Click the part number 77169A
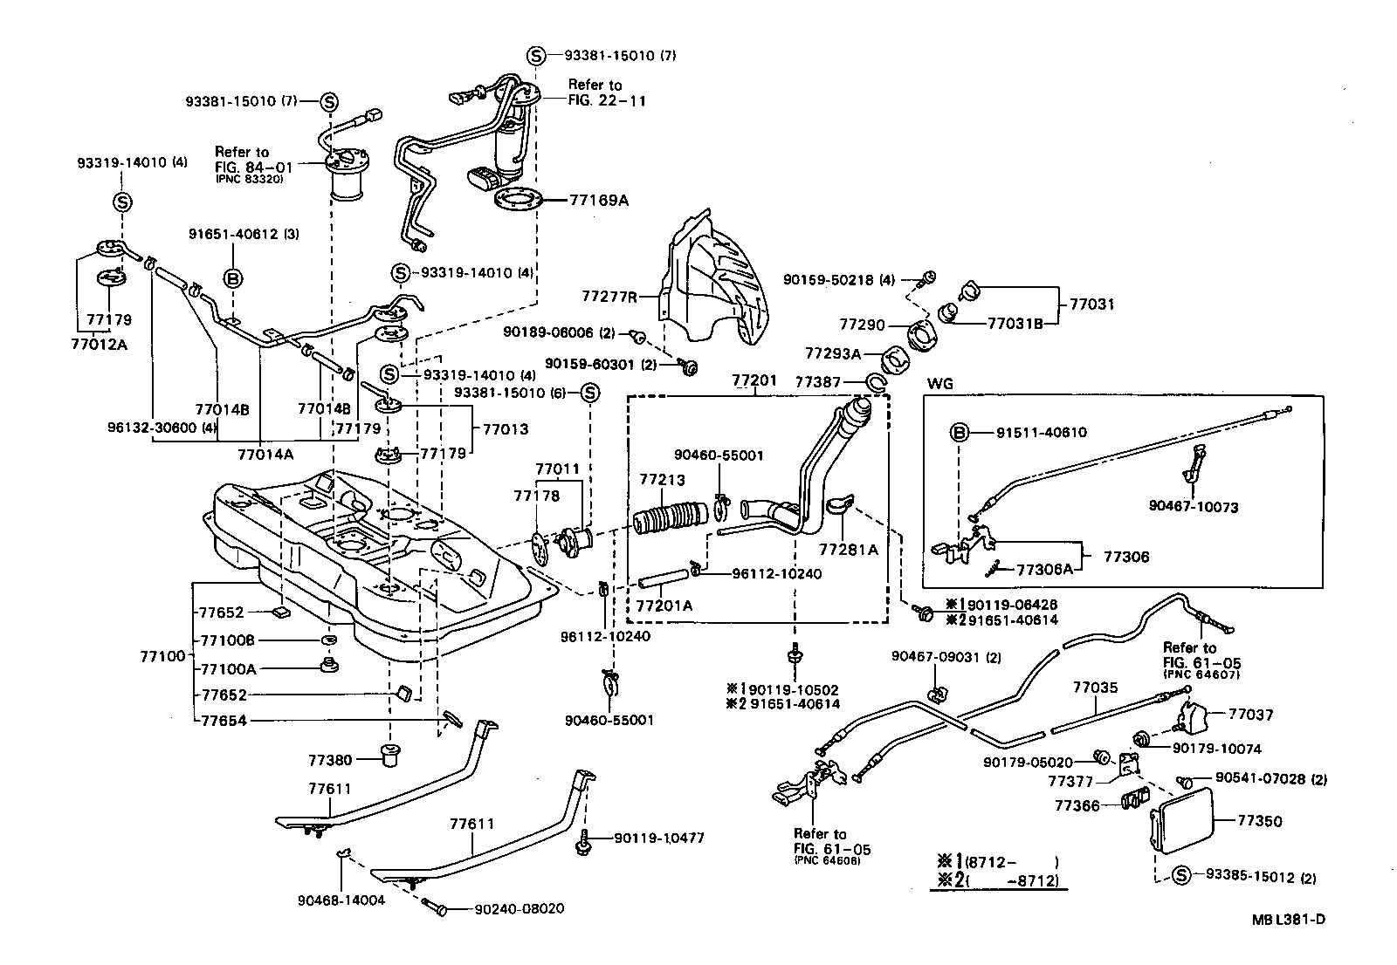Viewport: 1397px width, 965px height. click(x=599, y=200)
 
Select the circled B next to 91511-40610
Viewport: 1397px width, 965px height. click(x=959, y=432)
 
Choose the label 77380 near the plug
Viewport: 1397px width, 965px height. click(x=329, y=760)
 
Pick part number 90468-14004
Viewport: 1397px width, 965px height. click(x=341, y=900)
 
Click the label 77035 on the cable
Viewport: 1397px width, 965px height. click(x=1095, y=688)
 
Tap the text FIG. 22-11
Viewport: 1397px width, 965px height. click(x=608, y=100)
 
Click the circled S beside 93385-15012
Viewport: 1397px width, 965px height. click(x=1181, y=876)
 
